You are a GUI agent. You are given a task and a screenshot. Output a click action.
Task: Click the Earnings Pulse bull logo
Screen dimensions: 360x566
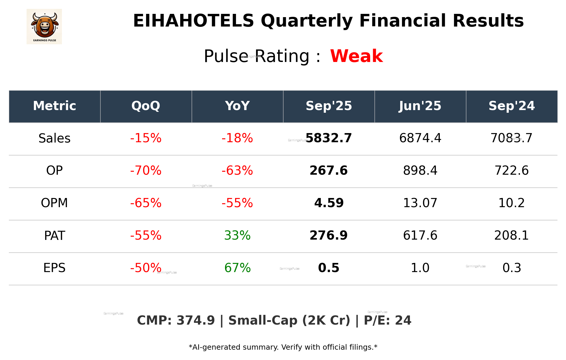[x=44, y=26]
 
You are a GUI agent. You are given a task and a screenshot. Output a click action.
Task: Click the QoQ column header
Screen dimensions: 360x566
[x=146, y=106]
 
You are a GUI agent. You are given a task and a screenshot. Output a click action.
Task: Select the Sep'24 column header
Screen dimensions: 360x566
[x=511, y=106]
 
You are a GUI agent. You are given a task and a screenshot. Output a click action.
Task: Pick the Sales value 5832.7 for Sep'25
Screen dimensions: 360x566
[x=329, y=138]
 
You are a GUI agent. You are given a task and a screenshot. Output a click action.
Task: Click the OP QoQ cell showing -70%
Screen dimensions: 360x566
[x=146, y=171]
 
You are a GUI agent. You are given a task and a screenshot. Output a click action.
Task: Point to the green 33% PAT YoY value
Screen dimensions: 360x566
[x=237, y=235]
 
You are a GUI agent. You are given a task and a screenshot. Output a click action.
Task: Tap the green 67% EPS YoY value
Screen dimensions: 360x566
[x=237, y=268]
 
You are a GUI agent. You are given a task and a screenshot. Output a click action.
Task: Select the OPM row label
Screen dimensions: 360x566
[x=54, y=203]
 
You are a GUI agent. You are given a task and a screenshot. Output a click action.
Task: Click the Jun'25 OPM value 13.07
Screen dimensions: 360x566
[x=420, y=203]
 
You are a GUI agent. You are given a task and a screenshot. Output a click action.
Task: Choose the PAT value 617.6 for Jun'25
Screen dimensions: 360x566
[x=420, y=235]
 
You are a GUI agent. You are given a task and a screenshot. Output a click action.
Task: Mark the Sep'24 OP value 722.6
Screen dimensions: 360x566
[x=511, y=171]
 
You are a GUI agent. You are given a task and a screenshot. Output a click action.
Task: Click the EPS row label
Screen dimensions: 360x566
[x=54, y=268]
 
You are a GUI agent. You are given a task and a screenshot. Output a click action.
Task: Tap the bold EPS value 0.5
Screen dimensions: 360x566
[x=329, y=268]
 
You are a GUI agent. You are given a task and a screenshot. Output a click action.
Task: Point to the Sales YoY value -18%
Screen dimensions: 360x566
[x=237, y=138]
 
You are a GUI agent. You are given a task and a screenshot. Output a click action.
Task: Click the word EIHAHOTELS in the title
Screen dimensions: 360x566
[x=193, y=21]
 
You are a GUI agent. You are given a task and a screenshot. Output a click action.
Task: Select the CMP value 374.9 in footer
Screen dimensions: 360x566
[x=196, y=320]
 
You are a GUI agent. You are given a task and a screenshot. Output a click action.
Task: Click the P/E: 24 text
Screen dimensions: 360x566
[x=387, y=320]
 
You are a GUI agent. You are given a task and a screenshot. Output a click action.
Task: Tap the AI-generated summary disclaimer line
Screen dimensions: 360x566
[x=283, y=347]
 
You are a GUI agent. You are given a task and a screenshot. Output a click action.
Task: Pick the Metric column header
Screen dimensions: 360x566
[x=54, y=106]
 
